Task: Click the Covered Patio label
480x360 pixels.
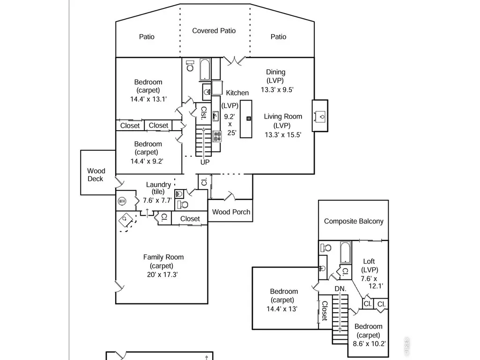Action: (x=214, y=30)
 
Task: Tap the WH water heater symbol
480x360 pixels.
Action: (x=122, y=201)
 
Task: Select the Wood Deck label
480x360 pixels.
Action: (x=96, y=175)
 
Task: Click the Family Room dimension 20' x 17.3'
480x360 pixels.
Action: (x=162, y=275)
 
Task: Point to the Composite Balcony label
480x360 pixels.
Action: (x=354, y=221)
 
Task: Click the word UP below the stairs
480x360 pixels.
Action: (x=205, y=162)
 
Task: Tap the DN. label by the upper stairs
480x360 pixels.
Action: (x=340, y=289)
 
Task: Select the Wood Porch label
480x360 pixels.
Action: (x=231, y=212)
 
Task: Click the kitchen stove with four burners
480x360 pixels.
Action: (x=217, y=137)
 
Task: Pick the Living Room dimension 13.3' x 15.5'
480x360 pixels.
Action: (x=283, y=135)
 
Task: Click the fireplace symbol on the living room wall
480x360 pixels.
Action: (x=320, y=116)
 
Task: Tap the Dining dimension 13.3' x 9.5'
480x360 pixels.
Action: (x=277, y=90)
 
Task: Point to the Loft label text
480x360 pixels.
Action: (x=369, y=261)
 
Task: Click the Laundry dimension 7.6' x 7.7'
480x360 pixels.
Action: (x=157, y=200)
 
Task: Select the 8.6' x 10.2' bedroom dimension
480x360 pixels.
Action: (x=369, y=344)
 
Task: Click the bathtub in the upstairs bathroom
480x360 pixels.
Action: (x=346, y=252)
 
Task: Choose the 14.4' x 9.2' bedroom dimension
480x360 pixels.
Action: (x=147, y=161)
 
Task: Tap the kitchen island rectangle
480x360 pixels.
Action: (x=246, y=119)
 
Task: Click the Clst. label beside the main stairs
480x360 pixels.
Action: (x=204, y=113)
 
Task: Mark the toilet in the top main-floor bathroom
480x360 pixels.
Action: (x=190, y=66)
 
